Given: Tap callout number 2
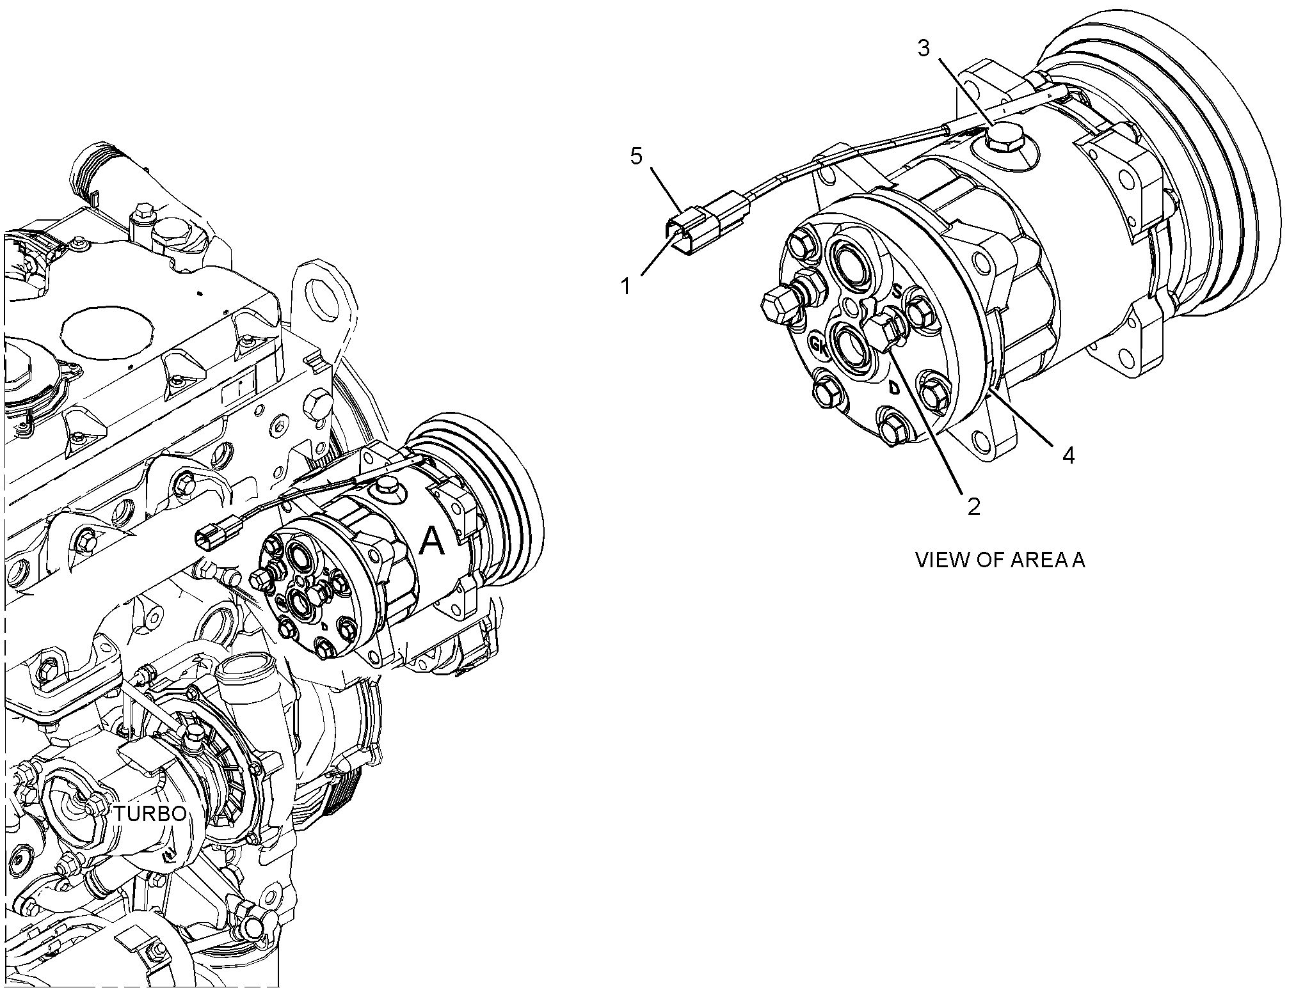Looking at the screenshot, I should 973,506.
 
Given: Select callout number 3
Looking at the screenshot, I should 924,48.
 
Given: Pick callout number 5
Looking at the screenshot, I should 636,156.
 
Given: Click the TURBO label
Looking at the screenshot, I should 150,813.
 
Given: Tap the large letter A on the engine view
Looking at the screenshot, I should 431,542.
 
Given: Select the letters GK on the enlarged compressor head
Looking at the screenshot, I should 818,344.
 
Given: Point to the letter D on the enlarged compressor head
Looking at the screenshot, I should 895,387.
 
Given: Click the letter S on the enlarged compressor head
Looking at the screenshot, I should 897,291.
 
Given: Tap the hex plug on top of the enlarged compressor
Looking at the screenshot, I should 1004,142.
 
